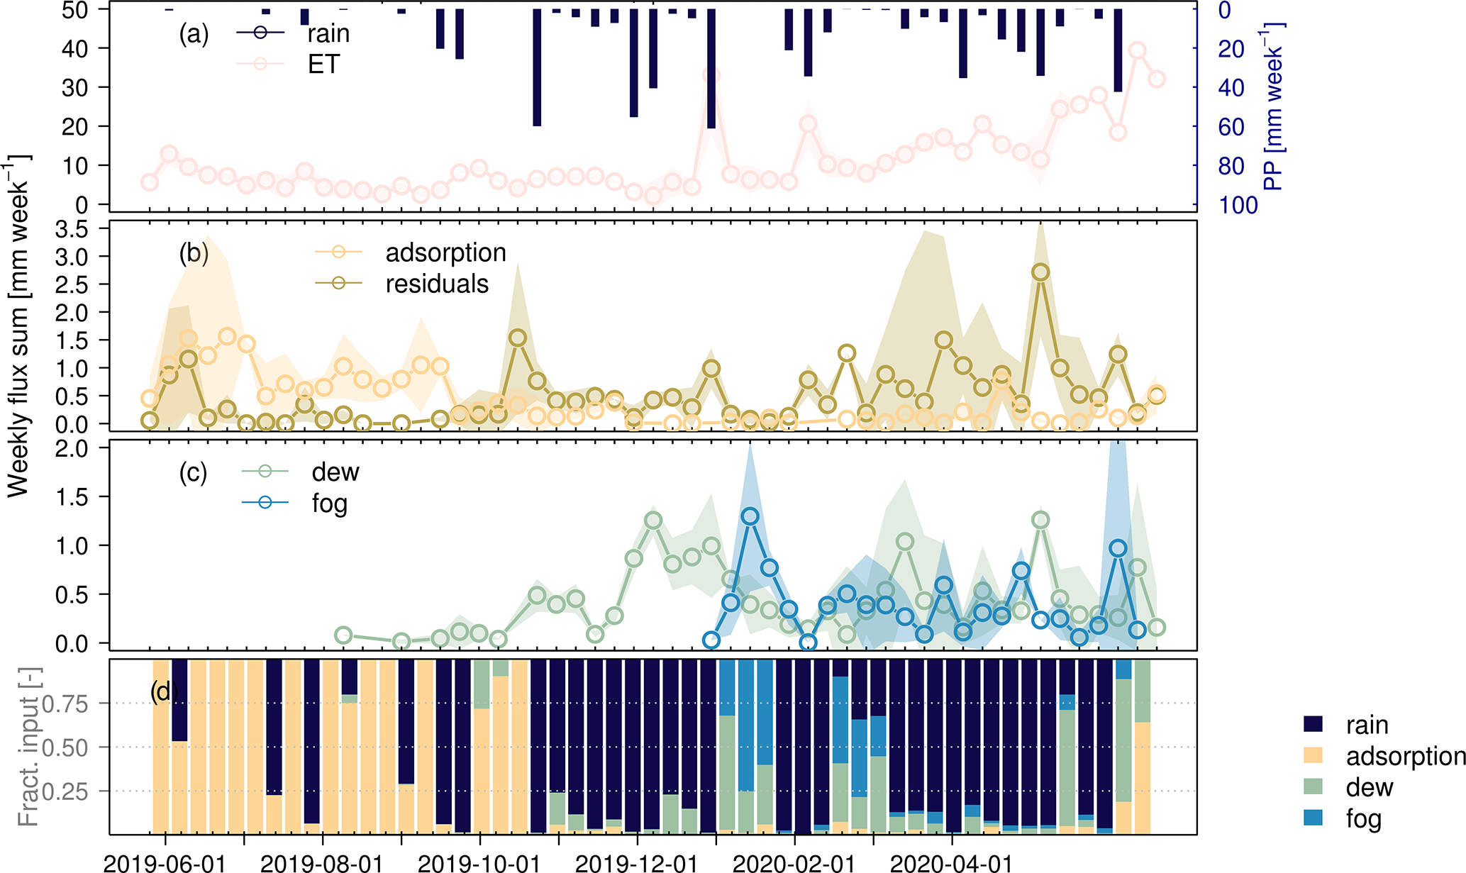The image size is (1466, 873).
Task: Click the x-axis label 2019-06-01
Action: point(165,863)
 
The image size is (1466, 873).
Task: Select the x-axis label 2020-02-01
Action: point(794,863)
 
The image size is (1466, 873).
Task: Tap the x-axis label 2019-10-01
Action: point(479,863)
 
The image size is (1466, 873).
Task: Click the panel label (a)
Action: point(194,34)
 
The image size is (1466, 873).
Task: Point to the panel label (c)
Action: point(193,472)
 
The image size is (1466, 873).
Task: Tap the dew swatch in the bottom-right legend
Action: point(1314,787)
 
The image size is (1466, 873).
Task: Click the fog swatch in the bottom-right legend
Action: point(1314,818)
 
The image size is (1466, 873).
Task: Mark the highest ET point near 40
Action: point(1138,50)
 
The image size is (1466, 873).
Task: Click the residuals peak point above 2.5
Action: point(1040,272)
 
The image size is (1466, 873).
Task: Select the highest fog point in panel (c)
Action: point(750,516)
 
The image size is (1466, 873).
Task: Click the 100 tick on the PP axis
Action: point(1238,205)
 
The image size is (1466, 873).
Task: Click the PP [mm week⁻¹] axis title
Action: point(1275,106)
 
